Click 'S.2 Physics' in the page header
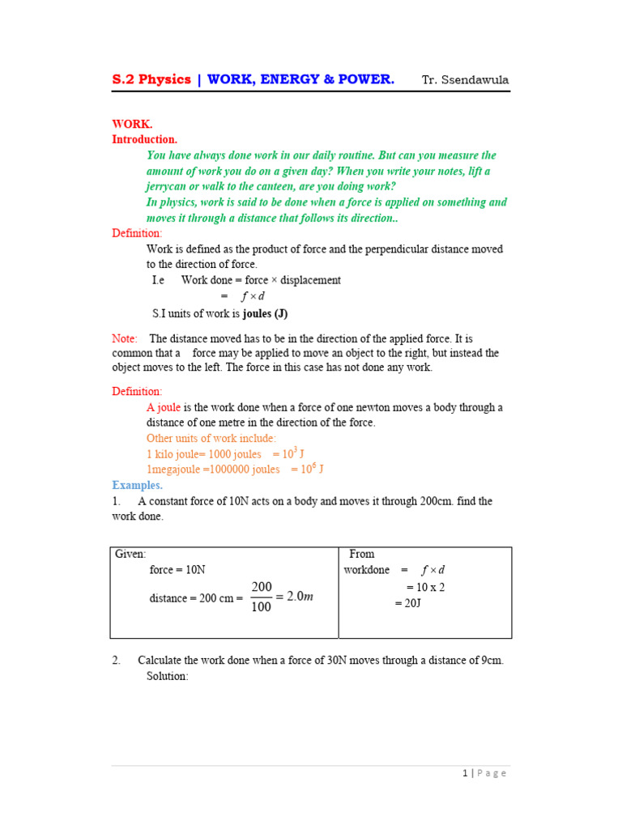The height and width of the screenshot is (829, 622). (x=151, y=79)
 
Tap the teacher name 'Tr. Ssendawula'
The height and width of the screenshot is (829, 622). (x=465, y=79)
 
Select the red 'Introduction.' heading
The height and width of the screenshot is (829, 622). (x=144, y=139)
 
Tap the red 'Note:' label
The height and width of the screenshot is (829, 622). (x=125, y=338)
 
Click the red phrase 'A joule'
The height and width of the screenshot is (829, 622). (x=164, y=407)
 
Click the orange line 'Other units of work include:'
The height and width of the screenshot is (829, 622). (x=211, y=438)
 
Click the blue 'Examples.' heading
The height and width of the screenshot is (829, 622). (x=137, y=485)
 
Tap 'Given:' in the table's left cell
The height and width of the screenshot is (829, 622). (x=130, y=554)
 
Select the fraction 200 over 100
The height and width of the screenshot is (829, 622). (x=262, y=597)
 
